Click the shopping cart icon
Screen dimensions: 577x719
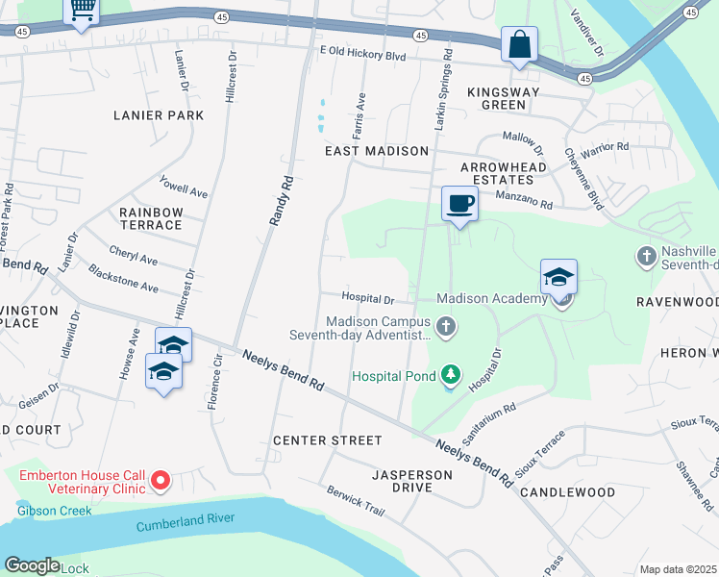[x=82, y=10]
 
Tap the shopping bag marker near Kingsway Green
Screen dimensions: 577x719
[x=519, y=45]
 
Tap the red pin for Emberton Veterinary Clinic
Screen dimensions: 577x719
[x=161, y=479]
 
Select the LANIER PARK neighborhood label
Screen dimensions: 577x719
[x=159, y=115]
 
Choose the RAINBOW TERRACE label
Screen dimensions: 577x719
[x=151, y=218]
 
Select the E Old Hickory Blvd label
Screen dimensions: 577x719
[x=362, y=57]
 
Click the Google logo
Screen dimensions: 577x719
[x=32, y=565]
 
